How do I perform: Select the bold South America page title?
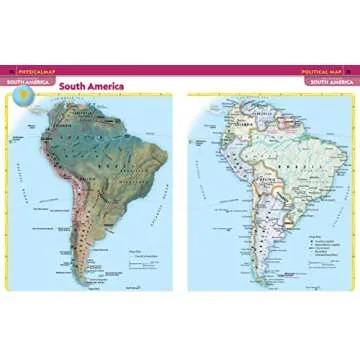coord(91,86)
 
